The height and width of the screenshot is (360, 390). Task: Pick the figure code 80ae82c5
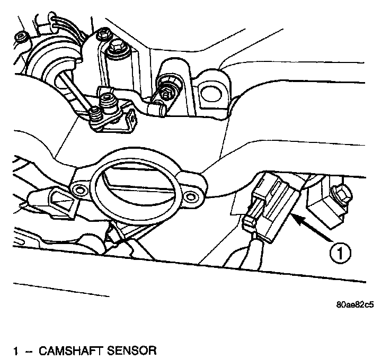(x=353, y=305)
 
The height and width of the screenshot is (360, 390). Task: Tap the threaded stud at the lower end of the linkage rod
(x=96, y=113)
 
